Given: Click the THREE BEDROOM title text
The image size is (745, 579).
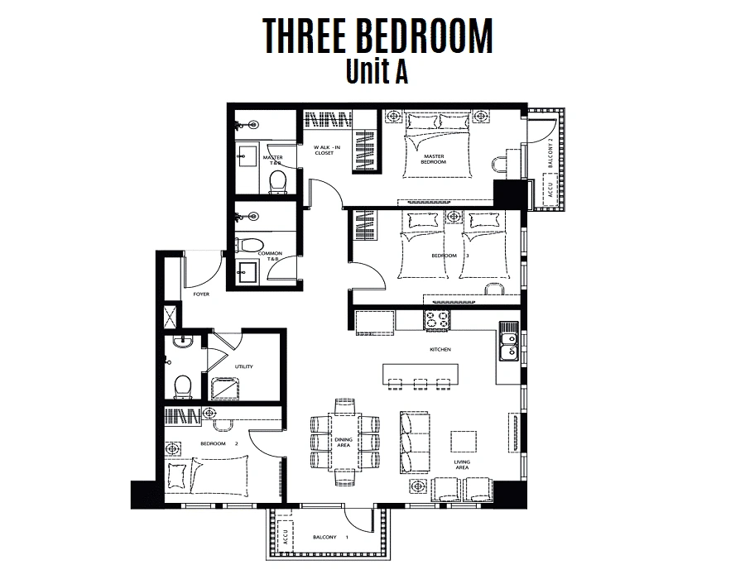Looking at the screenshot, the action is [x=377, y=36].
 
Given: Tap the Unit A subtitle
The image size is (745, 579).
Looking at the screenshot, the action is [x=377, y=71].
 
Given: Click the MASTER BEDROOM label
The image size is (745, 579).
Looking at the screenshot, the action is [x=433, y=159].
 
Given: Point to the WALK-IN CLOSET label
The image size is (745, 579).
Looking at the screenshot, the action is [x=327, y=150].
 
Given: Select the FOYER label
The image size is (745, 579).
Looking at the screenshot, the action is [x=201, y=294].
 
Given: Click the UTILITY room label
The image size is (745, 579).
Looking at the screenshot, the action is [x=243, y=366].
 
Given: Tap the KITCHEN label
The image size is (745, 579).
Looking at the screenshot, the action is [x=440, y=349].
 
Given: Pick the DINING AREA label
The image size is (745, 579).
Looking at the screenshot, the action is [x=344, y=443].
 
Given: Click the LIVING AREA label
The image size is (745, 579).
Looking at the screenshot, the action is [x=462, y=465].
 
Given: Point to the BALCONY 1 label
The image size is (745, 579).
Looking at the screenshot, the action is [x=331, y=538].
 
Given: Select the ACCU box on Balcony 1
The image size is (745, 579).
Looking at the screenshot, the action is [x=285, y=535].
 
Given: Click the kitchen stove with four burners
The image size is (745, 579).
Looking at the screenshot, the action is [x=436, y=319].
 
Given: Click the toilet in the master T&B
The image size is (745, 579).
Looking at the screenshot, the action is [x=277, y=182].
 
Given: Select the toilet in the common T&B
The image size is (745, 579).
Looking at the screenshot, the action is [x=249, y=245].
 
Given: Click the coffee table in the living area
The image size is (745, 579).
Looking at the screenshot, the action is [x=464, y=442].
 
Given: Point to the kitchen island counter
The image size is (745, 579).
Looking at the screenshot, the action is [x=421, y=374].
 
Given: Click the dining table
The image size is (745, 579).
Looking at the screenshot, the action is [x=345, y=442].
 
